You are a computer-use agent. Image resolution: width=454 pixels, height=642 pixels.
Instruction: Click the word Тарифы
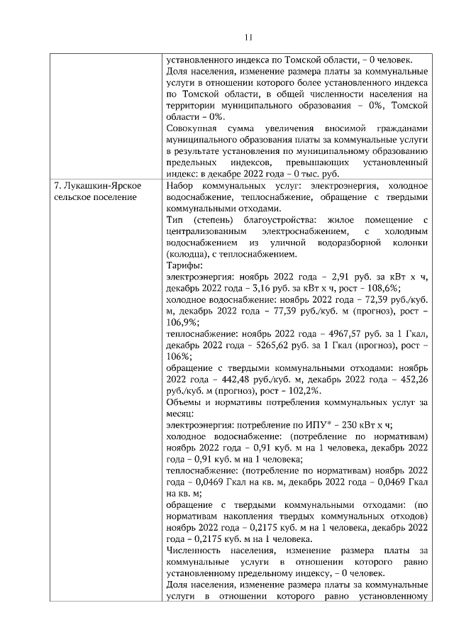point(182,266)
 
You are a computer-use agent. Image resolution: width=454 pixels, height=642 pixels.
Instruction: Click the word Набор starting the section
point(180,186)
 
